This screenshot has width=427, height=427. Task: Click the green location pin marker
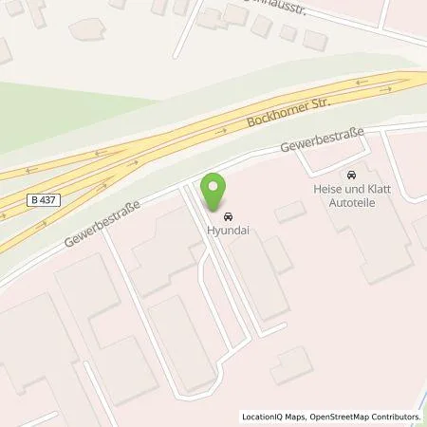click(x=217, y=190)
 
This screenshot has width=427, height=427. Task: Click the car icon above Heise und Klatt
click(x=352, y=176)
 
